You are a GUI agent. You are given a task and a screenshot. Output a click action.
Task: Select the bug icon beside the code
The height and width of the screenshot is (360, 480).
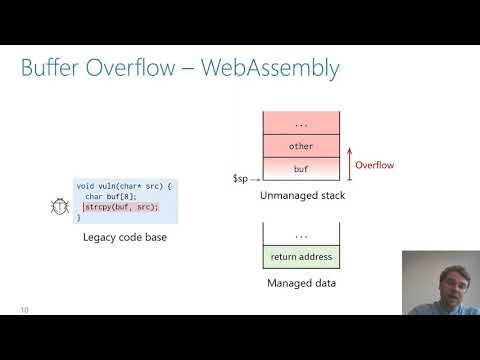pos(58,208)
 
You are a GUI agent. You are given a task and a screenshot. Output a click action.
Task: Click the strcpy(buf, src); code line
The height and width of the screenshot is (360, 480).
pos(120,206)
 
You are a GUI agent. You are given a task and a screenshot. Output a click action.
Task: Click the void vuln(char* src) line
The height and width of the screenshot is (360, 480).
pos(124,185)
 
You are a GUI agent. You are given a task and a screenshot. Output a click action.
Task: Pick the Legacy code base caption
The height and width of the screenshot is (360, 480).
pos(126,239)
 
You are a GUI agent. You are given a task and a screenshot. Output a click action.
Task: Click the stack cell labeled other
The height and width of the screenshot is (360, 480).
pos(300,145)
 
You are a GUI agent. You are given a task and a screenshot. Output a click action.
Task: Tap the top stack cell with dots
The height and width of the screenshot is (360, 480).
pos(300,123)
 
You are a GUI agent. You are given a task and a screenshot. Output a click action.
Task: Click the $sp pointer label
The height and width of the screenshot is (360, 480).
pos(240,178)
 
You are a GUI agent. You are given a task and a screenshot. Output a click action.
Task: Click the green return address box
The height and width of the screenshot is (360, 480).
pos(300,257)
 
